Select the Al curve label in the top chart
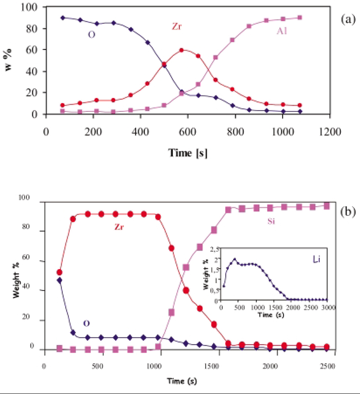point(283,30)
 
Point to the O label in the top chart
point(92,34)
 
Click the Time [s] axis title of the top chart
point(188,153)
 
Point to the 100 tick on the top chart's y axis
point(33,7)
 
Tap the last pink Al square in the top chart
point(299,17)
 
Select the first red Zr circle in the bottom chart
point(59,272)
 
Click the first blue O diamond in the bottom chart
point(59,280)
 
